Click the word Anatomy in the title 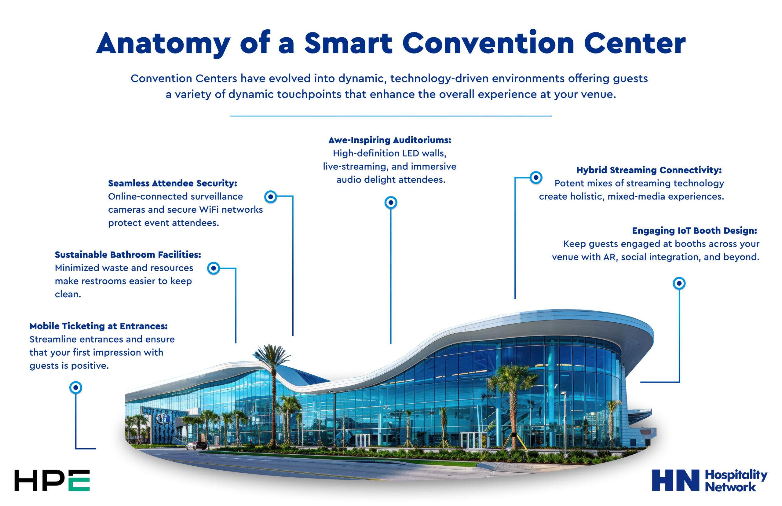pyautogui.click(x=163, y=43)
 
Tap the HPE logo pyautogui.click(x=52, y=480)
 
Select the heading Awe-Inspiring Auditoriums pyautogui.click(x=389, y=140)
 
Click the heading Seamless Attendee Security pyautogui.click(x=172, y=183)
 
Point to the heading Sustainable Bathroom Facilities pyautogui.click(x=128, y=255)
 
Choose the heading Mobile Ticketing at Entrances pyautogui.click(x=99, y=326)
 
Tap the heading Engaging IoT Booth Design pyautogui.click(x=694, y=231)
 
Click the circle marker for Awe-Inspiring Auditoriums pyautogui.click(x=390, y=203)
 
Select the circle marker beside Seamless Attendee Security pyautogui.click(x=270, y=197)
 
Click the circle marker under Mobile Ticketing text pyautogui.click(x=75, y=388)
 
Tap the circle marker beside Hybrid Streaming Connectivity pyautogui.click(x=536, y=178)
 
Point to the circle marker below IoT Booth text pyautogui.click(x=679, y=283)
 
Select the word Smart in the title pyautogui.click(x=348, y=43)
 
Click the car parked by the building pyautogui.click(x=196, y=445)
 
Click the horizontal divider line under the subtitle pyautogui.click(x=390, y=116)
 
